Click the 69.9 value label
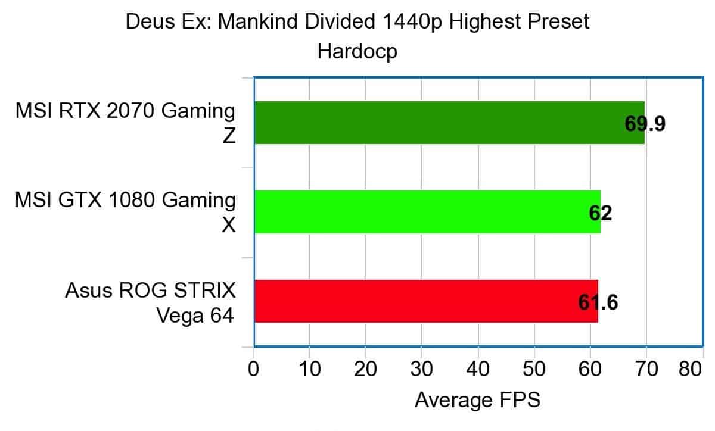[x=645, y=124]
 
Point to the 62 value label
[x=600, y=213]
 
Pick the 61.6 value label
[x=598, y=302]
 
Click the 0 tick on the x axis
[x=254, y=370]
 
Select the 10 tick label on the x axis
[x=309, y=370]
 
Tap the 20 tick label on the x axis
[x=365, y=370]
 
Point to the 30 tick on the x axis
[x=421, y=370]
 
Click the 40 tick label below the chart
[x=477, y=370]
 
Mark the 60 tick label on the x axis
[x=590, y=370]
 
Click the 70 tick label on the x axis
[x=646, y=370]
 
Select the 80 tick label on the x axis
[x=691, y=370]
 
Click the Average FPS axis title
[x=477, y=400]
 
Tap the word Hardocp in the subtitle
[x=357, y=51]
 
